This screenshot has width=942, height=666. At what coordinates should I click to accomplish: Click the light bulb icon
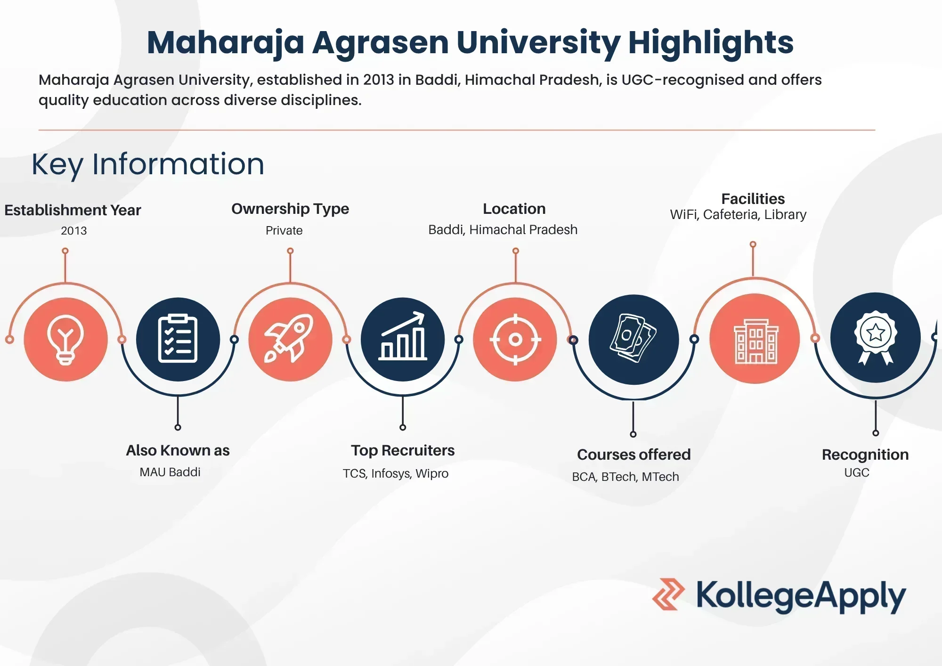(65, 340)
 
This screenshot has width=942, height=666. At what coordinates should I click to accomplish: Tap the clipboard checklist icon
(178, 339)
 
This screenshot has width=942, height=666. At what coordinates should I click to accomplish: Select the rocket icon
(290, 339)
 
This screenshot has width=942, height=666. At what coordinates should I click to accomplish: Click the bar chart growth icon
(403, 339)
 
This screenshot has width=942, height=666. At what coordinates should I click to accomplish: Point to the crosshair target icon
(515, 339)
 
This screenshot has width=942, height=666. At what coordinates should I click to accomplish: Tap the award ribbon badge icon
(875, 338)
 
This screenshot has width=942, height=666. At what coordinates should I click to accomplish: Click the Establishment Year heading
(73, 210)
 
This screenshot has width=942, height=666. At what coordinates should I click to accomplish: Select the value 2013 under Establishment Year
(74, 231)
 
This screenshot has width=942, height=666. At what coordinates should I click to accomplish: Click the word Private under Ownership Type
(284, 230)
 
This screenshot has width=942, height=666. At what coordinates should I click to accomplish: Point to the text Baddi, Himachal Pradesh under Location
(503, 230)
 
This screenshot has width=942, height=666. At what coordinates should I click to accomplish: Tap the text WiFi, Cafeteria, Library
(738, 215)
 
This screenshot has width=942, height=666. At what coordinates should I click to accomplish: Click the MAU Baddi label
(170, 472)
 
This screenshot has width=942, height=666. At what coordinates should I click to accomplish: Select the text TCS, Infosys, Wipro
(395, 473)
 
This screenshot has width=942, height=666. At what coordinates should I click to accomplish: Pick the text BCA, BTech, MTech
(625, 477)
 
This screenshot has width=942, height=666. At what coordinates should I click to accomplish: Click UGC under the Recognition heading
(856, 472)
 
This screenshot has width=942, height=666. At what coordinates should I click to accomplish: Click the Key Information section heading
(148, 164)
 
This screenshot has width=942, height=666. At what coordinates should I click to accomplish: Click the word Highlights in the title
(711, 43)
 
